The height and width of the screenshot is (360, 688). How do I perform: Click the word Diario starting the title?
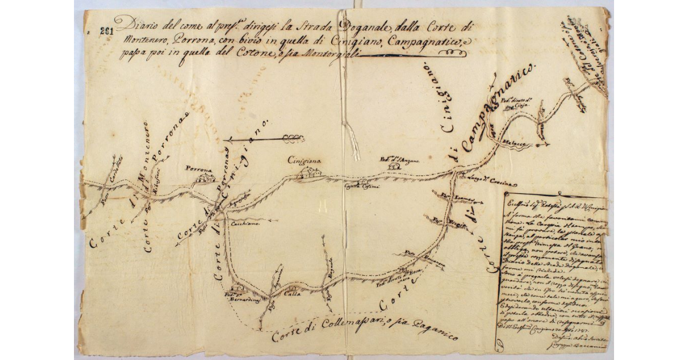(131, 25)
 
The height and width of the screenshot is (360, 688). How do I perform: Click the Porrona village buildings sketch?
(202, 180)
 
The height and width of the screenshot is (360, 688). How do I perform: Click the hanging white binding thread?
(351, 138)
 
